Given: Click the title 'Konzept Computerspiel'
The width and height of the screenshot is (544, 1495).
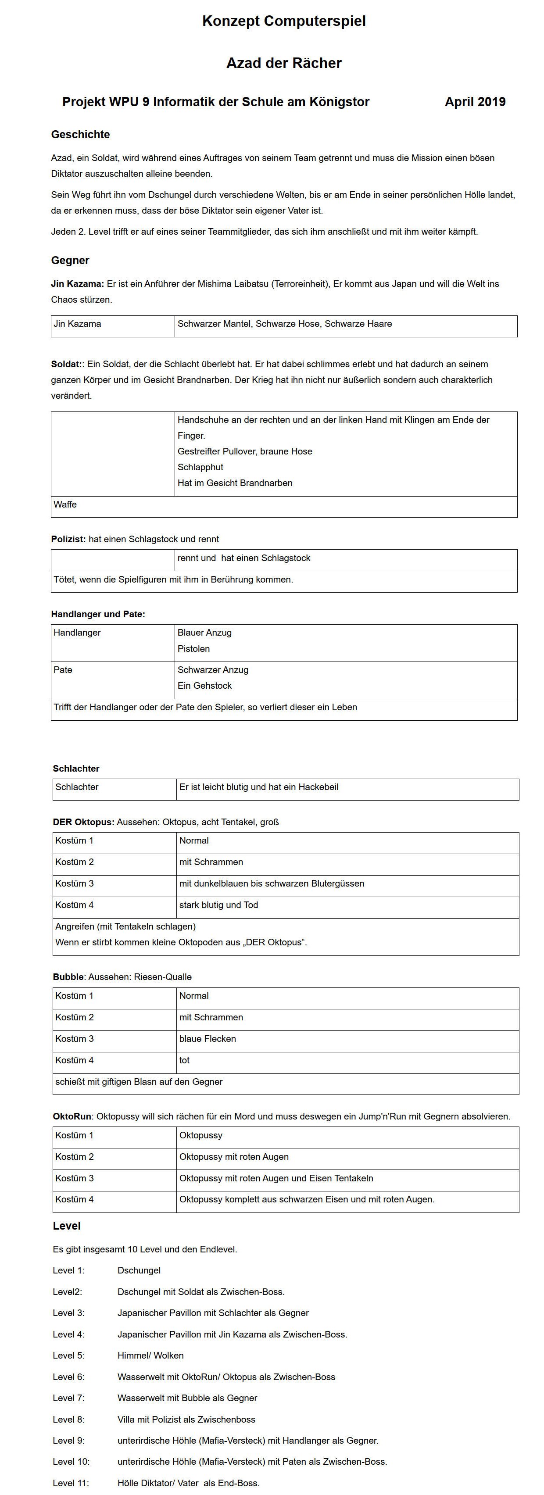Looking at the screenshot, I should tap(284, 21).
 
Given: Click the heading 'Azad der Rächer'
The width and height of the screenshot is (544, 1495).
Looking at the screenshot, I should tap(284, 63).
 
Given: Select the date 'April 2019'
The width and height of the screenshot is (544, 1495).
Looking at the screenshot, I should tap(475, 102).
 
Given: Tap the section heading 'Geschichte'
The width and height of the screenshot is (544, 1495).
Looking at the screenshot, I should tap(80, 135).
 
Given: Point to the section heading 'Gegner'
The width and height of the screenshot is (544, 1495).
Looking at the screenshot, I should tap(70, 261).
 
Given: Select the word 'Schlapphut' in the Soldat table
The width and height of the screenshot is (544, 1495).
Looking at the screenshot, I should tap(200, 467).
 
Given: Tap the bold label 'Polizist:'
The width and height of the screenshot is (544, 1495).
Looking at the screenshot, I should tap(68, 539).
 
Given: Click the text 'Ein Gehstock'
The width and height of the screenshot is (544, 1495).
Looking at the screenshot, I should tap(204, 685).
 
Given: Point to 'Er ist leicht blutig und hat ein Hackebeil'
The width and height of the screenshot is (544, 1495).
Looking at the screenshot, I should tap(259, 787).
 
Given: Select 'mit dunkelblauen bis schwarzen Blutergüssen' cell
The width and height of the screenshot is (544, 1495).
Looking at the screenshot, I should tap(272, 883).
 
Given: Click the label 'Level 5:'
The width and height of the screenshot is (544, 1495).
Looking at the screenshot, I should tap(68, 1356).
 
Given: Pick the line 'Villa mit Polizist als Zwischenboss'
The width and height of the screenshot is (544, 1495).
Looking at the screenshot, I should tap(186, 1420).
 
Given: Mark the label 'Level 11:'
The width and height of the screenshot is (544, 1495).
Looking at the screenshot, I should tap(71, 1483).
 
